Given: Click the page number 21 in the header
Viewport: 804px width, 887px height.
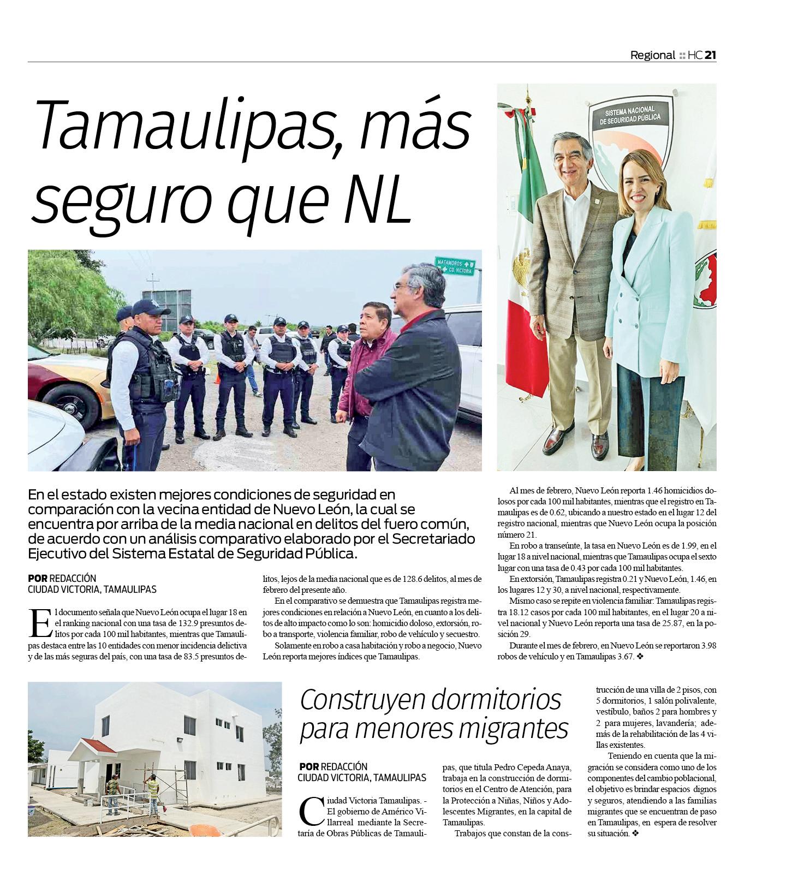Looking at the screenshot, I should (710, 55).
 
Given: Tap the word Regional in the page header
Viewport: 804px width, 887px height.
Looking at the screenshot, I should (652, 55).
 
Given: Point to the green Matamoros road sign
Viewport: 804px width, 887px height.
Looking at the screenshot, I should (454, 266).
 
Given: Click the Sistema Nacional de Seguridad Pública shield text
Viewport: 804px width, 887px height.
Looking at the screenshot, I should (630, 116).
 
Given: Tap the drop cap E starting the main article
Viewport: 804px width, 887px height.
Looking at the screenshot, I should (39, 623).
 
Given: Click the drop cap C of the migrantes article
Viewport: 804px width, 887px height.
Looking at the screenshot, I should (311, 811).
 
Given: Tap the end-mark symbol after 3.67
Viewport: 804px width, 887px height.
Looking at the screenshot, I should (640, 657).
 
